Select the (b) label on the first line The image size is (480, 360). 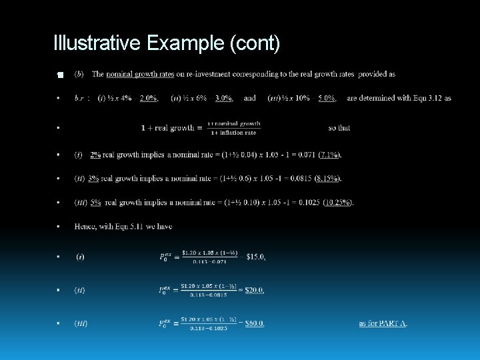tap(79, 74)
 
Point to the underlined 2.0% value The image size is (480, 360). tap(148, 98)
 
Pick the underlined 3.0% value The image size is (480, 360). tap(223, 98)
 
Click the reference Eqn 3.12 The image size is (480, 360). tap(436, 98)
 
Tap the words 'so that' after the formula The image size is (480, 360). tap(339, 127)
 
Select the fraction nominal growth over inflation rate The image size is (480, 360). tap(233, 127)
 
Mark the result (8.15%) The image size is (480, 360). tap(327, 179)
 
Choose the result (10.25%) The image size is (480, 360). tap(339, 203)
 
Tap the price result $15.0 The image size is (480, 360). tap(255, 257)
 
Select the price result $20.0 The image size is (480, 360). tap(254, 290)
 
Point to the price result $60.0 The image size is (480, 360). tap(254, 323)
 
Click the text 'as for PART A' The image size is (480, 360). tap(383, 323)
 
